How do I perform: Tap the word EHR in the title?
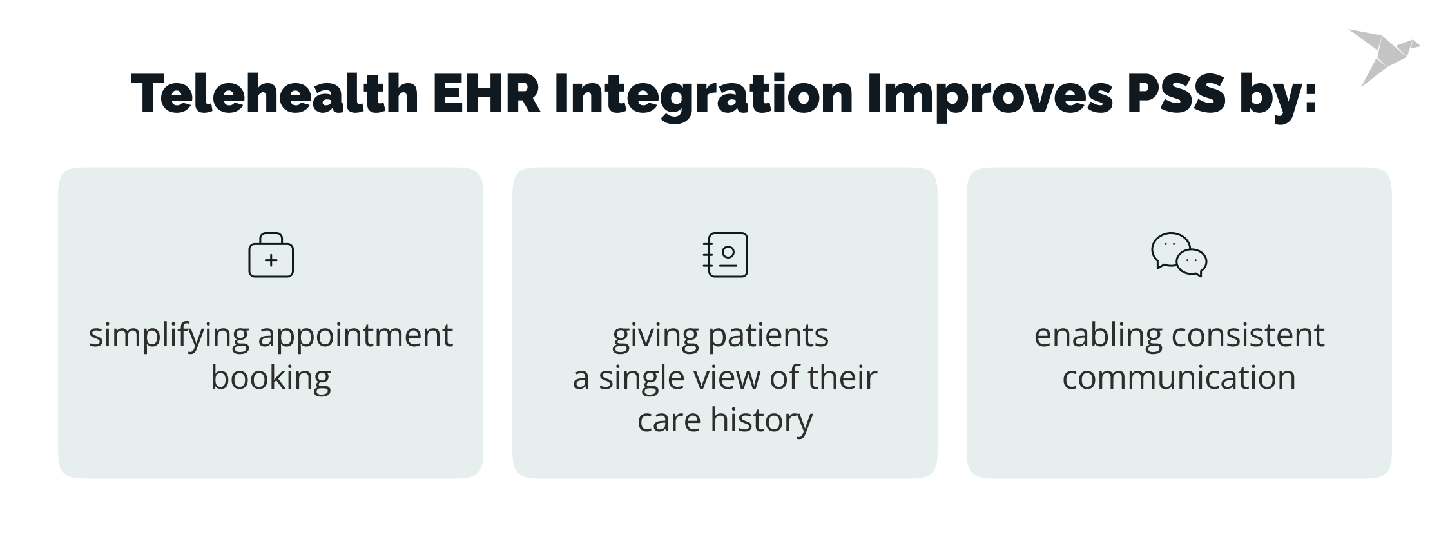coord(487,94)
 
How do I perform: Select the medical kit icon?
coord(271,255)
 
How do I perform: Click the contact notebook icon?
coord(725,255)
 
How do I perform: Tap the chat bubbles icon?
coord(1179,255)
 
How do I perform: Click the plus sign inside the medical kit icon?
coord(271,260)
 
